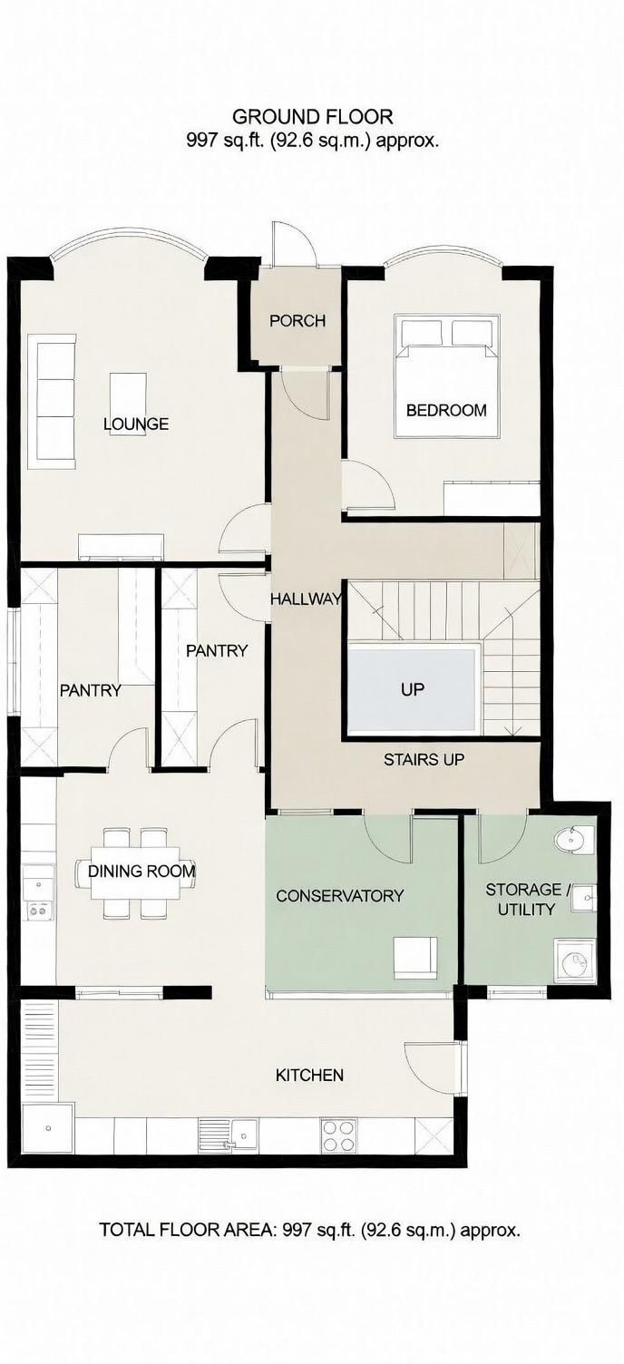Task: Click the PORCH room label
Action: (297, 321)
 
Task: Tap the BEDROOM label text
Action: (446, 411)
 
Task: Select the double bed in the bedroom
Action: (447, 375)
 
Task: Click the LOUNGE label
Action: (136, 424)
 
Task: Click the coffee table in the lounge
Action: (129, 399)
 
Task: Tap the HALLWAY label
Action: (306, 599)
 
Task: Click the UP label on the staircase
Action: (412, 690)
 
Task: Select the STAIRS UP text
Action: (424, 759)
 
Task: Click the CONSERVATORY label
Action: (340, 896)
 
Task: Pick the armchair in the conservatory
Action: (414, 959)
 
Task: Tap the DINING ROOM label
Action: (141, 871)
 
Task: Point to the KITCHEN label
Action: (310, 1076)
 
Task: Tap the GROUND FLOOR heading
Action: (312, 116)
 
